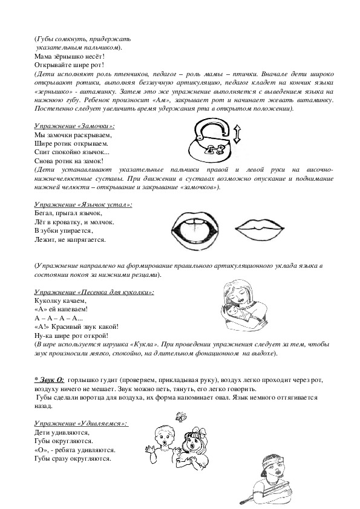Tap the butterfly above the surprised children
tap(179, 416)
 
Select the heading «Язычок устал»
tap(83, 206)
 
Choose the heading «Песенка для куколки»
tap(93, 293)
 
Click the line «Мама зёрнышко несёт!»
tap(70, 56)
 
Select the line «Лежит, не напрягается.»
tap(70, 240)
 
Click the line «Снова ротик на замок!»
tap(69, 161)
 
